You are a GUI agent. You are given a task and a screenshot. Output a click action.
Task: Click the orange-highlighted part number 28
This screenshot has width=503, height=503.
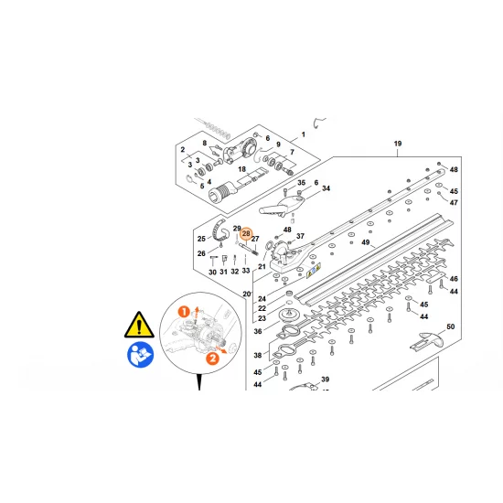pos(246,234)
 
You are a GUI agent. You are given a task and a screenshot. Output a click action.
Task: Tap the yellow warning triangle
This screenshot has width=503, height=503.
pos(139,325)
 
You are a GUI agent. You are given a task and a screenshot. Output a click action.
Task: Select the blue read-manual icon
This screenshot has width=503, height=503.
pos(141,355)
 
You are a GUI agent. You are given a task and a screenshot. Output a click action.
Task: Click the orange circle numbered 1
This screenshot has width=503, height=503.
pos(184,312)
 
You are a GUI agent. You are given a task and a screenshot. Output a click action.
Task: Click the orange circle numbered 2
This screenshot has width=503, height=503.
pos(212,359)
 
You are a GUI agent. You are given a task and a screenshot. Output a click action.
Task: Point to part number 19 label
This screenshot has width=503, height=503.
pos(398,144)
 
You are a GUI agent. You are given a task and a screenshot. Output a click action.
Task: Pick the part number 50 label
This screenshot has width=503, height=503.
pos(450,326)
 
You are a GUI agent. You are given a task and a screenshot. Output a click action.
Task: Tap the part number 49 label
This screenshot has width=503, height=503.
pos(366,242)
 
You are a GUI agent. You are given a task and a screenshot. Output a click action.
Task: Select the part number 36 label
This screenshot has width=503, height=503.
pos(258,331)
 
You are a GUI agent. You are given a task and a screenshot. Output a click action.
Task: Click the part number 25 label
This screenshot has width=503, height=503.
pos(201,239)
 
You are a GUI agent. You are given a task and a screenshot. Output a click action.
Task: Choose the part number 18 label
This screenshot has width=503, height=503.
pos(241,169)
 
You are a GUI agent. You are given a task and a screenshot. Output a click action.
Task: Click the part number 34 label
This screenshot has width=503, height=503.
pos(326,188)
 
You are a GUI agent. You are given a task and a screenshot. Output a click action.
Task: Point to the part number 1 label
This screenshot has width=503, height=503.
pos(303,134)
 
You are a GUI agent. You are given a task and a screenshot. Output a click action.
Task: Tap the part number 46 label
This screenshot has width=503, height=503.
pos(454,278)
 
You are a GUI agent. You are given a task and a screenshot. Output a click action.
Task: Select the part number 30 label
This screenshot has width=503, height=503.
pos(212,272)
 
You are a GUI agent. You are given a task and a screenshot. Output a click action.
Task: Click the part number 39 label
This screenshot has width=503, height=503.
pos(325,380)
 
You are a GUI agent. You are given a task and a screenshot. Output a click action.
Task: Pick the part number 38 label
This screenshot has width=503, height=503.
pos(258,355)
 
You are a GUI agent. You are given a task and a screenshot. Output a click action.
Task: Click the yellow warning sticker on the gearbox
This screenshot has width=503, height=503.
pos(314,271)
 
